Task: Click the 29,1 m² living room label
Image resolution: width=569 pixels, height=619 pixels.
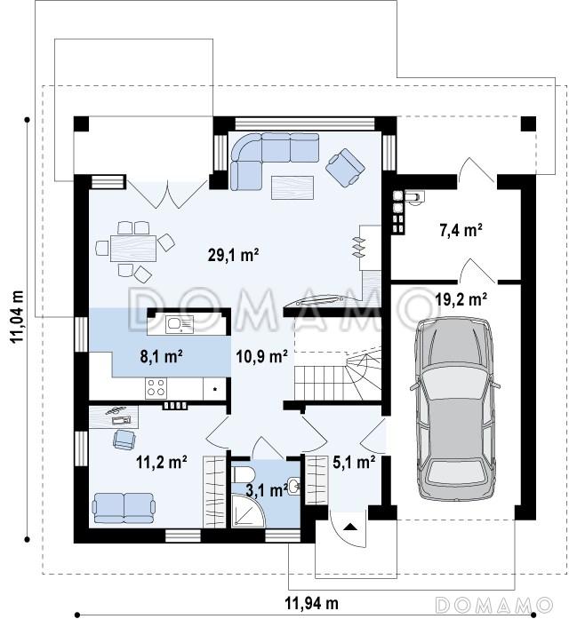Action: (x=233, y=255)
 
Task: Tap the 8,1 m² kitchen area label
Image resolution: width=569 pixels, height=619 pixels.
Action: (x=161, y=356)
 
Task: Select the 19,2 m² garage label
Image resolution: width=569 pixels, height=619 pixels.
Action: (x=461, y=299)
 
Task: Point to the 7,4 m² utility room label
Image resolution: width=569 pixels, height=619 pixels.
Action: (x=461, y=230)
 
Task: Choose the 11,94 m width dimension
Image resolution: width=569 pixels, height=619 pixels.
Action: (x=312, y=603)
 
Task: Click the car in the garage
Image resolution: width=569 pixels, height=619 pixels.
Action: (x=455, y=408)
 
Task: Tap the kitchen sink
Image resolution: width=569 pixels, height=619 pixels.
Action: (x=180, y=324)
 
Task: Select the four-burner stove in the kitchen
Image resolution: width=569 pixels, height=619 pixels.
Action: (x=156, y=387)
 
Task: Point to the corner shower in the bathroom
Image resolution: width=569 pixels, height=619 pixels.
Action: (x=248, y=511)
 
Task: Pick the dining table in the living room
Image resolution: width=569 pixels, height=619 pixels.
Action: (x=133, y=249)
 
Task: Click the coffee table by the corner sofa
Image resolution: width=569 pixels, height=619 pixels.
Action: (x=292, y=187)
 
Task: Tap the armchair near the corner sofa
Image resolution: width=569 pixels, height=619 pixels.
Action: (x=345, y=168)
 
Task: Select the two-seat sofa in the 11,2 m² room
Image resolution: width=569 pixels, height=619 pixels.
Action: (x=124, y=508)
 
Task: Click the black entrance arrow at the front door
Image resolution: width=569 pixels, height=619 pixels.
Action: (x=349, y=527)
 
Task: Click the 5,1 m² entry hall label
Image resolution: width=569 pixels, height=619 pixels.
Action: (x=354, y=462)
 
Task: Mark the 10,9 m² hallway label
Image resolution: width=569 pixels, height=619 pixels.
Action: (x=261, y=356)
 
